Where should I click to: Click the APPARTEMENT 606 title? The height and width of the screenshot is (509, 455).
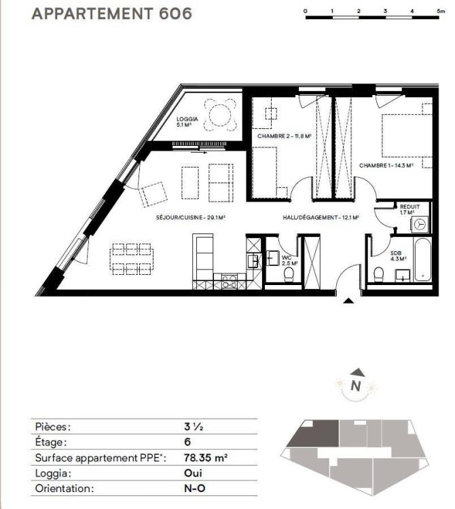112,14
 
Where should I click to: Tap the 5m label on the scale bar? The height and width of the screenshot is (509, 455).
440,11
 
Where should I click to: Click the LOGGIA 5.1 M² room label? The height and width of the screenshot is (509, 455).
187,121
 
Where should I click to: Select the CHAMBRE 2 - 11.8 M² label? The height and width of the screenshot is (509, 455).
284,136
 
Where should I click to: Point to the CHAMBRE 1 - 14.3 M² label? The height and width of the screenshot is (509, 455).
386,166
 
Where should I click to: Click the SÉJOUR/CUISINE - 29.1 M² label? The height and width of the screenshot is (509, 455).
191,217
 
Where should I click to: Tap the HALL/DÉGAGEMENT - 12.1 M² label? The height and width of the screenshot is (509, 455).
321,217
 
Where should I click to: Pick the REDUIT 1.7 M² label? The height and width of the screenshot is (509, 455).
409,210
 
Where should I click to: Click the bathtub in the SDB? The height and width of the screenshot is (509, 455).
422,259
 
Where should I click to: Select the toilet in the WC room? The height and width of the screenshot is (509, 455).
289,274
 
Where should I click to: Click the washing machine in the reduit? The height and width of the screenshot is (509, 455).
420,225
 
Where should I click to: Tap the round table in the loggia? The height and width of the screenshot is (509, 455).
220,115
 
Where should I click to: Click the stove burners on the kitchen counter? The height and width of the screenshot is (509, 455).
230,281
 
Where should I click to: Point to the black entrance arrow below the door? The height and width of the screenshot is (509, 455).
348,301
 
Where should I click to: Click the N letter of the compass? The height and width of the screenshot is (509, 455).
356,385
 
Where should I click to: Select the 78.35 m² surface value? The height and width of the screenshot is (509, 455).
206,457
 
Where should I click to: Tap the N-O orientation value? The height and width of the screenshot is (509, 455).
194,488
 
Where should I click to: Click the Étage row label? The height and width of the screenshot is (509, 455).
51,442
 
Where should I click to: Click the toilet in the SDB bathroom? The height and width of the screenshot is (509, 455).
378,275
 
